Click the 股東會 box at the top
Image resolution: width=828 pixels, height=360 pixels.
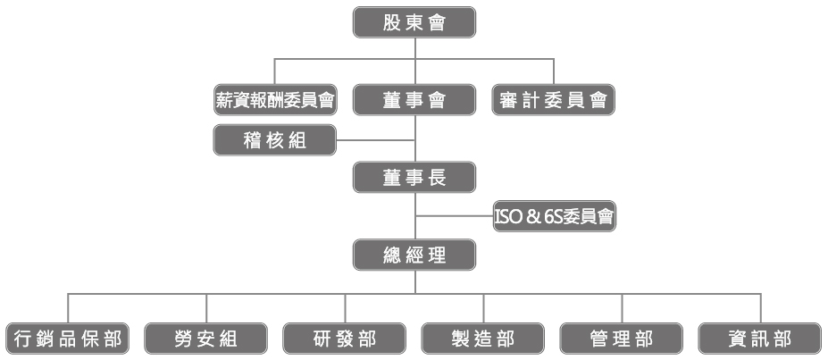(414, 22)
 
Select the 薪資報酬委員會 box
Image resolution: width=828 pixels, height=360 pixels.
(275, 100)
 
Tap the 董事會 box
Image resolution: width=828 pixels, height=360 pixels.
(414, 100)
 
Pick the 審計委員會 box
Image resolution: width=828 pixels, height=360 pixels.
(554, 100)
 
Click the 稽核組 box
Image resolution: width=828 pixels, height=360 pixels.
(275, 140)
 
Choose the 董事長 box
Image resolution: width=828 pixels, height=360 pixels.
(414, 178)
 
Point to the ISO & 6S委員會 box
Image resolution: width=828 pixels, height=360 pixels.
(554, 216)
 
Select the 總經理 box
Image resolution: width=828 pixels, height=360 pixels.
(414, 255)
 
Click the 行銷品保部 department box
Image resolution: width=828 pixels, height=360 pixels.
(67, 339)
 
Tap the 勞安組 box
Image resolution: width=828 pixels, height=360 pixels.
(206, 339)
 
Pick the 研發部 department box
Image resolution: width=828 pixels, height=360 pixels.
(345, 339)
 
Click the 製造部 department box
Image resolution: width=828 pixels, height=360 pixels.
(484, 339)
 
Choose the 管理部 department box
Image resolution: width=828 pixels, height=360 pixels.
(623, 339)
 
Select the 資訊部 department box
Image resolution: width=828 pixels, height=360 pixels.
(761, 339)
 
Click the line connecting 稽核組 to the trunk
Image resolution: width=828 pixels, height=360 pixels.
(375, 140)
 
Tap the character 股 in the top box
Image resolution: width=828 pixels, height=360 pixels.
(390, 22)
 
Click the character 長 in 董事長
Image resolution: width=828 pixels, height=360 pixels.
(439, 178)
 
